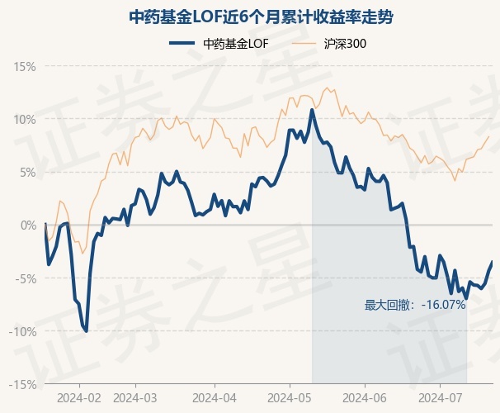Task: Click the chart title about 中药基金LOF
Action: point(249,16)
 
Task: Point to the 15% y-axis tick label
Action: point(25,66)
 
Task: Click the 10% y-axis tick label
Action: point(25,119)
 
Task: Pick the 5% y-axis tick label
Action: point(28,172)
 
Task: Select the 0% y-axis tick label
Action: point(28,225)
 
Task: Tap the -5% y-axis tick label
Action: point(26,278)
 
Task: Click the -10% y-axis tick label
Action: point(23,331)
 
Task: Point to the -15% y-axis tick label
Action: point(23,384)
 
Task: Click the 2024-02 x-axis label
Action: point(79,396)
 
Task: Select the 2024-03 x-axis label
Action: point(134,396)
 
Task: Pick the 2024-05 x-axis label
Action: point(290,396)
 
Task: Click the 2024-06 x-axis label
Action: point(365,396)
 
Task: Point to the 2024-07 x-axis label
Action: point(439,396)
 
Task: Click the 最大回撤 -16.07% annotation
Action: point(415,305)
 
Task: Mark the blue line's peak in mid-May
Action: point(312,110)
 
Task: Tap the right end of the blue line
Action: point(492,262)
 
